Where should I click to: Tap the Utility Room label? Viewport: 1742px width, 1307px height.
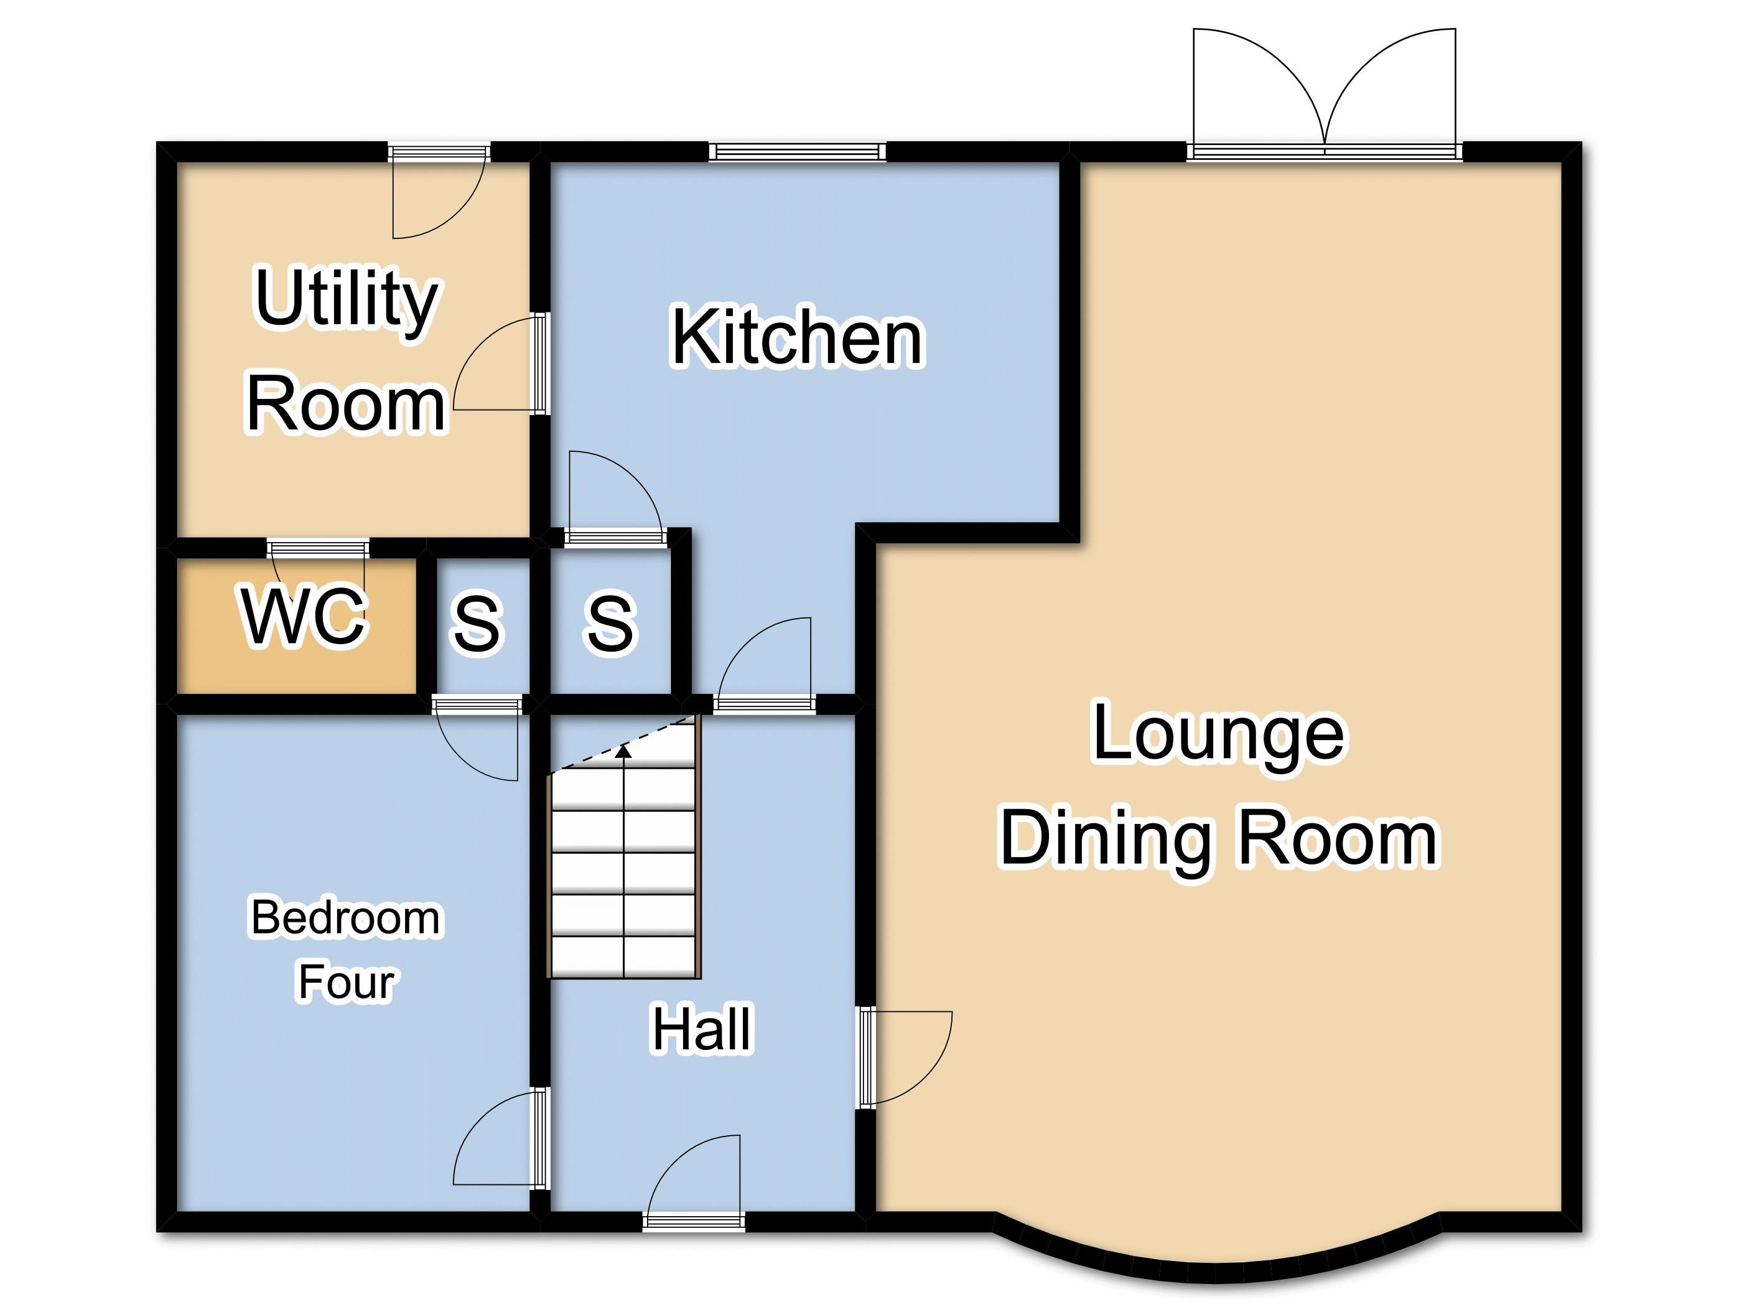click(347, 350)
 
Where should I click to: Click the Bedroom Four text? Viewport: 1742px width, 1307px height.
click(346, 949)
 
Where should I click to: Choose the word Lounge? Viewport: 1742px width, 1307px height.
click(1219, 734)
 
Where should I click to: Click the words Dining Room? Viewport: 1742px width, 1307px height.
click(1219, 839)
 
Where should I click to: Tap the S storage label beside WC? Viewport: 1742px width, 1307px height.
click(477, 622)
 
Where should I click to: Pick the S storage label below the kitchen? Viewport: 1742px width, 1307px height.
click(610, 622)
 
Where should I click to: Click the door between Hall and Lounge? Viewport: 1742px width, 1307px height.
click(906, 1056)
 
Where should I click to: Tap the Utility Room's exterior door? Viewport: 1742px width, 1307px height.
click(439, 192)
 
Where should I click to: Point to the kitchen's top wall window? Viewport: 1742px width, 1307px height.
click(797, 152)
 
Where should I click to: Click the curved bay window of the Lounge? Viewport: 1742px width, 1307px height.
click(1218, 1256)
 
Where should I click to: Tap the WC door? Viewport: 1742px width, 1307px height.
click(318, 561)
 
